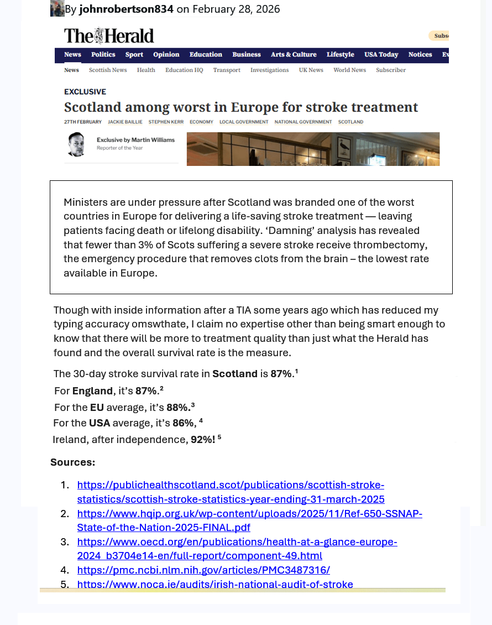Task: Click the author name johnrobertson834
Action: [126, 9]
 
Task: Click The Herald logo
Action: [109, 36]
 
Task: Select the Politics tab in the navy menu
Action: [103, 55]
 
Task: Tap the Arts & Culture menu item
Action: [294, 55]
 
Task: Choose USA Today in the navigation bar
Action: [381, 55]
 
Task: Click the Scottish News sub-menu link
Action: [108, 70]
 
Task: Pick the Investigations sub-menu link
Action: [269, 70]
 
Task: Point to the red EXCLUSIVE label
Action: [85, 92]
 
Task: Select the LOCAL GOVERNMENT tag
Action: [244, 122]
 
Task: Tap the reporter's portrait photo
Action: [76, 145]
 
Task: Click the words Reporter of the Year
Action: [120, 148]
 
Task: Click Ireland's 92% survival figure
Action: [202, 440]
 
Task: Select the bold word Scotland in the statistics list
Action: [235, 374]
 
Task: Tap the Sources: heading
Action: [72, 462]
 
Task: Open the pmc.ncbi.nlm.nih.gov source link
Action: [203, 570]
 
